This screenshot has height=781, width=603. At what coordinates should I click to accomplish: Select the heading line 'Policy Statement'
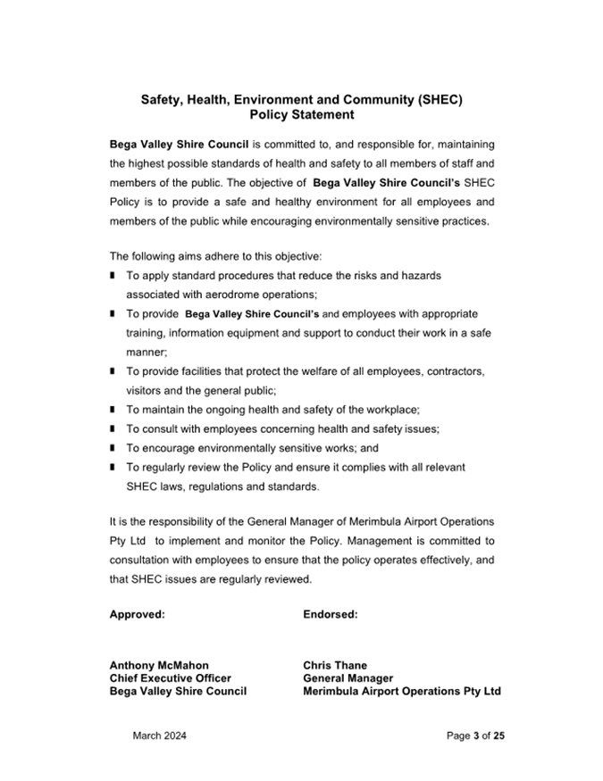[x=302, y=115]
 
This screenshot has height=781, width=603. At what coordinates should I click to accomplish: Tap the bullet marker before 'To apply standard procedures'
[x=113, y=277]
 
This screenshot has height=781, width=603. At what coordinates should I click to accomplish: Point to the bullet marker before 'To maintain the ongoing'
[x=113, y=410]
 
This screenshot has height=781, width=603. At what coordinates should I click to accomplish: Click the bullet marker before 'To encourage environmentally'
[x=113, y=448]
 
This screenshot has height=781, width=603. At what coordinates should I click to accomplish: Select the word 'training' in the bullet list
[x=147, y=333]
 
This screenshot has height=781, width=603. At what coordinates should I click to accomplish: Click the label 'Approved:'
[x=137, y=614]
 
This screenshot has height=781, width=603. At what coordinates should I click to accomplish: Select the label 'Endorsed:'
[x=331, y=614]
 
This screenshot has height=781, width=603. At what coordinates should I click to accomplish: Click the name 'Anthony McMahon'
[x=159, y=665]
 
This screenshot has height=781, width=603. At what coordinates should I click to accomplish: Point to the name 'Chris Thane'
[x=335, y=665]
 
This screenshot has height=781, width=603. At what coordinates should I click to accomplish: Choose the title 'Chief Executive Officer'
[x=170, y=678]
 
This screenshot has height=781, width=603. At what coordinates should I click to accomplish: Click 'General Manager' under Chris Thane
[x=348, y=678]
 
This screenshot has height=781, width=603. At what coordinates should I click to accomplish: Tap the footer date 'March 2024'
[x=160, y=736]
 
